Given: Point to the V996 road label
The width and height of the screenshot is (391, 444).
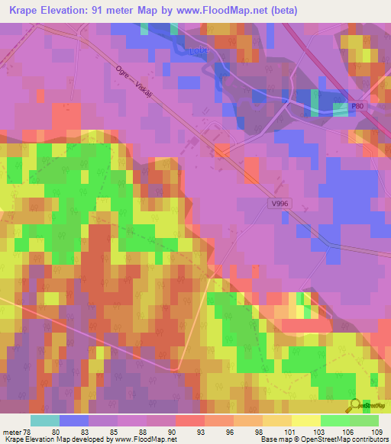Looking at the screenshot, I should [x=280, y=204].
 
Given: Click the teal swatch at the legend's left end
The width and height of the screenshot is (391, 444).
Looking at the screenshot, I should [x=45, y=420].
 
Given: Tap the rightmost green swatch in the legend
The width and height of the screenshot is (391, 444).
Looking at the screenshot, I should [x=364, y=420].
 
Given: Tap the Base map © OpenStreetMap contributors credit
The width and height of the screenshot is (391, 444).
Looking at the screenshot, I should [x=323, y=439].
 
